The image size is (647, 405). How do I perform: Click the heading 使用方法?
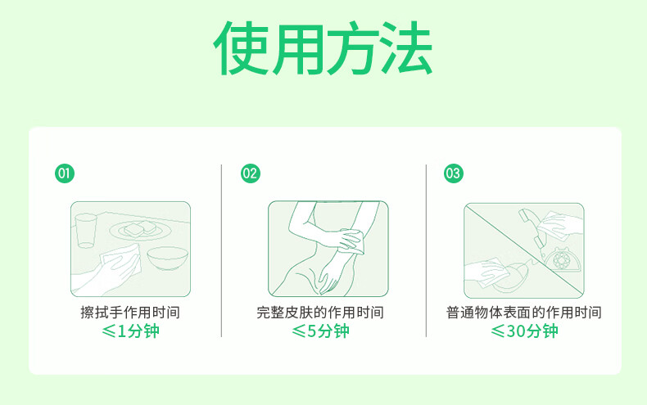coord(323,47)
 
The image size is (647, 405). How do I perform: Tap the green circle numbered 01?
coord(65,173)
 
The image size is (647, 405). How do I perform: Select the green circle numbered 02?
coord(251,173)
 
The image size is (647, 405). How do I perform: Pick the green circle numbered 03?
coord(454,173)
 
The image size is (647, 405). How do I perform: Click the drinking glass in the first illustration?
coord(86,231)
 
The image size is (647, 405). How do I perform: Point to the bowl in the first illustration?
coord(168,259)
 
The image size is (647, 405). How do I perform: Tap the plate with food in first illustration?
coord(140,230)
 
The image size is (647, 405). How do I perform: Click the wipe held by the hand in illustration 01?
coord(121,259)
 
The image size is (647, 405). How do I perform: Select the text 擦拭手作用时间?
coord(130,313)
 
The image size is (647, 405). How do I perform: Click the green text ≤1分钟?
coord(130,331)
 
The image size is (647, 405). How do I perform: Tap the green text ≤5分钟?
coord(320,331)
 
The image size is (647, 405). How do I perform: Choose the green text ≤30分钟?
coord(524,331)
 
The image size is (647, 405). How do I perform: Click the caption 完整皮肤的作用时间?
coord(320,313)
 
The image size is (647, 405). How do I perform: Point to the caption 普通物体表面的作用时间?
coord(523,313)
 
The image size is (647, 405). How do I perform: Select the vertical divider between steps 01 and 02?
coord(222,250)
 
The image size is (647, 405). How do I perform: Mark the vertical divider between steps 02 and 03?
coord(426,250)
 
